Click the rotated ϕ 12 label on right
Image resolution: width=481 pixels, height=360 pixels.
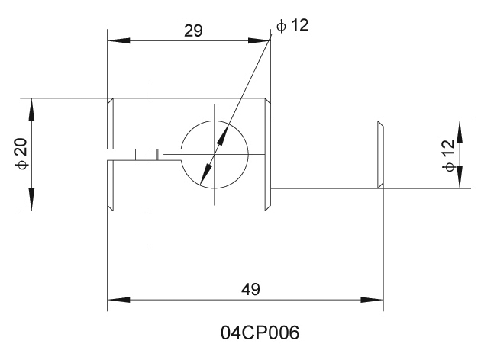pyautogui.click(x=447, y=155)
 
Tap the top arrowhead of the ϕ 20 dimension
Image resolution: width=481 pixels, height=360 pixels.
pyautogui.click(x=31, y=107)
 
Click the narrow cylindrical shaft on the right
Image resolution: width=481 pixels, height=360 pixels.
pyautogui.click(x=324, y=154)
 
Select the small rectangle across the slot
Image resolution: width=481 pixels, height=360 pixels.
pyautogui.click(x=146, y=154)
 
